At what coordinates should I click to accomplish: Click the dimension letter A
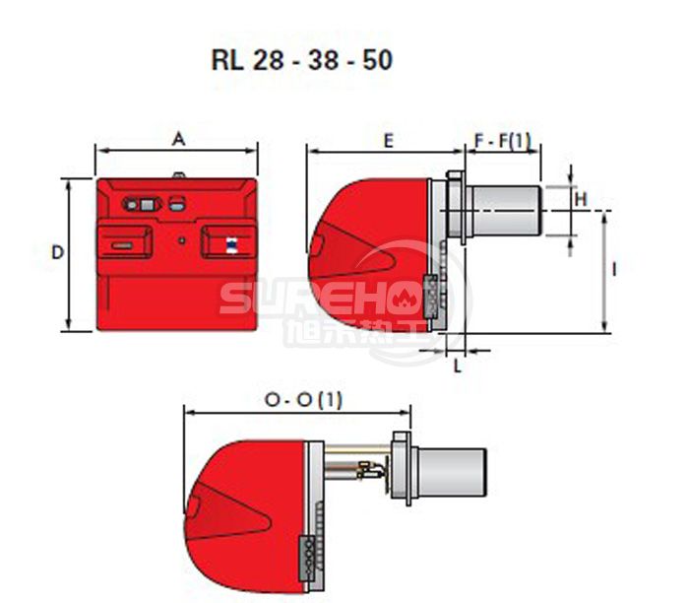(x=178, y=140)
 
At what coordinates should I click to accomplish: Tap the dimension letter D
(x=57, y=252)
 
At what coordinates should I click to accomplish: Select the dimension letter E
(x=388, y=141)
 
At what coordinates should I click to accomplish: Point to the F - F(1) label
(x=503, y=141)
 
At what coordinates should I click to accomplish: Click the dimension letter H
(x=581, y=200)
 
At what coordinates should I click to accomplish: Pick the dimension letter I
(x=614, y=270)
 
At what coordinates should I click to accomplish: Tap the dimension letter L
(x=458, y=366)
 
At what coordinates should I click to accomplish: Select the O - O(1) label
(x=303, y=400)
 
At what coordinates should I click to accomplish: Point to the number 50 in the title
(x=377, y=60)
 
